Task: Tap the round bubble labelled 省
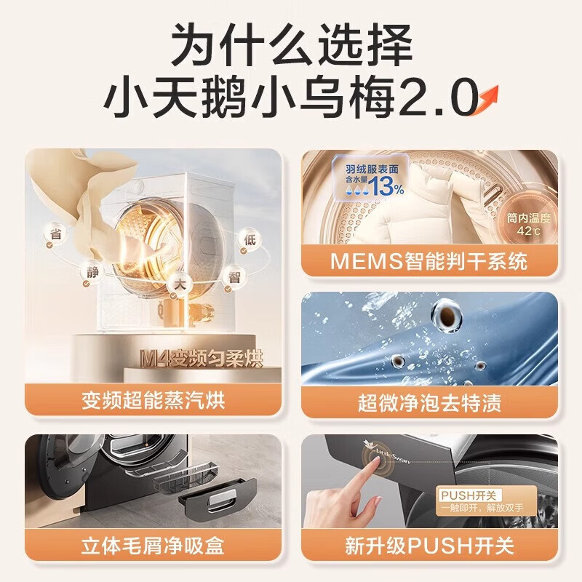56,235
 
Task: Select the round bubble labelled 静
93,274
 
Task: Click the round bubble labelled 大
180,285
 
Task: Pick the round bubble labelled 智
234,278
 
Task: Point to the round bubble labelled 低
250,240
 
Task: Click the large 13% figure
386,186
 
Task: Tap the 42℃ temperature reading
529,231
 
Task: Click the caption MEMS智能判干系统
428,261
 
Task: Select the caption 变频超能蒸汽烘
154,401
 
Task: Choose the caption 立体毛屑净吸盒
153,545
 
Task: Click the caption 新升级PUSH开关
429,546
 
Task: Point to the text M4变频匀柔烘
202,359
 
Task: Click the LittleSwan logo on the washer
386,451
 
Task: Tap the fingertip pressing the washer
375,461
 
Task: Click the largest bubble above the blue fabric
447,316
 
